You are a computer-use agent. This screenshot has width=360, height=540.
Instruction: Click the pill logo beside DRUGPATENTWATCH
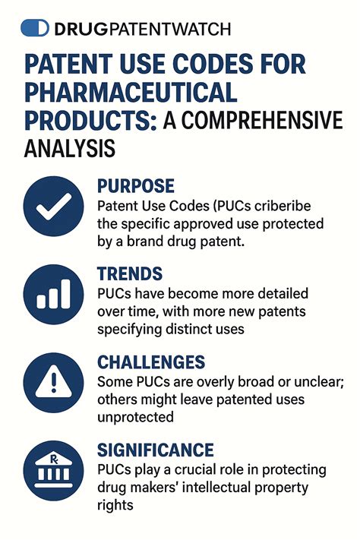pos(35,28)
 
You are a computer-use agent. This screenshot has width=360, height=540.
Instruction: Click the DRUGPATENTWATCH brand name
pos(142,29)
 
